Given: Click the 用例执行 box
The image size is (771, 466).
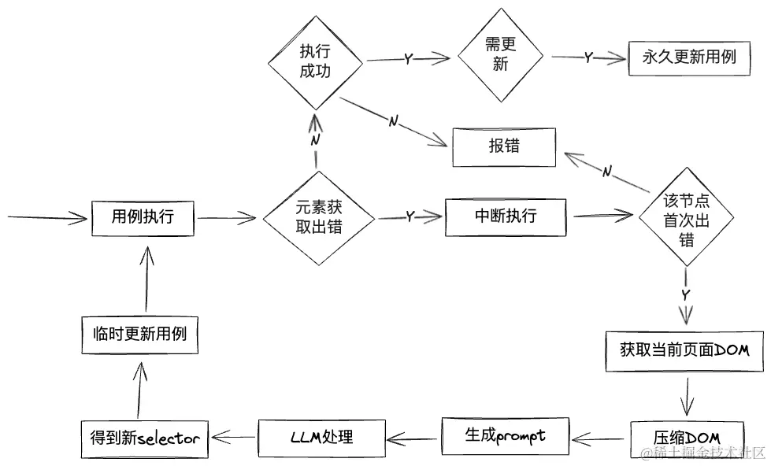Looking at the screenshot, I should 143,217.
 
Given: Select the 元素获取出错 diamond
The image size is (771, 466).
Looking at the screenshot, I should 318,217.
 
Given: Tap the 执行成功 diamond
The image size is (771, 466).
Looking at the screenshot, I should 315,61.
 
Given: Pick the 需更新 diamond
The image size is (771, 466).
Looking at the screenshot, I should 501,56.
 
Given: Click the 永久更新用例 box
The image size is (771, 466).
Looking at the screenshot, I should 689,57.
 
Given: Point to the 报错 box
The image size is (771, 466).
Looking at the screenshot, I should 504,147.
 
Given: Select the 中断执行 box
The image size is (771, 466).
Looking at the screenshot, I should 506,216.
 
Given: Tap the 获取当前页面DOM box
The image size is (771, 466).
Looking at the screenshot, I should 684,350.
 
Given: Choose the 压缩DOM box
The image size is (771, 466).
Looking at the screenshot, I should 687,437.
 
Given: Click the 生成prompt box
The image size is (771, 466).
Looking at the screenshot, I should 505,435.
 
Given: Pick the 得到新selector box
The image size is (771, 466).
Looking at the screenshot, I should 145,439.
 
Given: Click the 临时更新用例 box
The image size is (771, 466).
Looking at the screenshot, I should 139,334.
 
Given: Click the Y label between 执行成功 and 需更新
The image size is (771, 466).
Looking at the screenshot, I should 408,60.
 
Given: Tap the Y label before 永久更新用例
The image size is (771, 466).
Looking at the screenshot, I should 588,58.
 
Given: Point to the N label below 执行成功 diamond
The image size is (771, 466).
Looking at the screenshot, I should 314,139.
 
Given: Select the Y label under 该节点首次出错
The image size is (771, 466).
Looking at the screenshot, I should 685,294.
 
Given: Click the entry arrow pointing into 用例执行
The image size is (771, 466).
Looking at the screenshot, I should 47,218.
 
